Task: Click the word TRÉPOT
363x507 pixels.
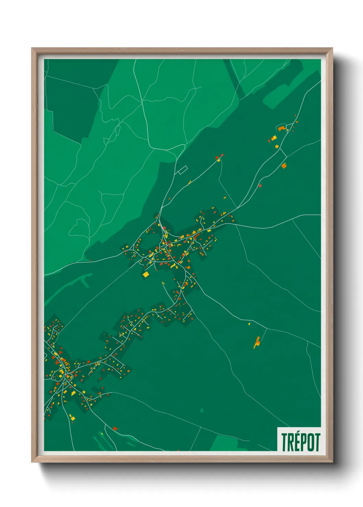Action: [301, 442]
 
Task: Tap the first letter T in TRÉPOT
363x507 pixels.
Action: [285, 442]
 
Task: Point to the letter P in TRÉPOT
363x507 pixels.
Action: [304, 442]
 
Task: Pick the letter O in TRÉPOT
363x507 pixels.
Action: [310, 442]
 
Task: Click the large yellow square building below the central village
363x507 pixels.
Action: [146, 274]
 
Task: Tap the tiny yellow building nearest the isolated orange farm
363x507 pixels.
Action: [249, 323]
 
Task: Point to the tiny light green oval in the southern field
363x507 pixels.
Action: [202, 410]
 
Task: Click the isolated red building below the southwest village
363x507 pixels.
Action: [115, 428]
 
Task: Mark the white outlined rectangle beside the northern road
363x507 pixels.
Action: [182, 170]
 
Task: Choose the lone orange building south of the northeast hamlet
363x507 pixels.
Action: [284, 166]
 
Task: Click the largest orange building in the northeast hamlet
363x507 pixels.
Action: [282, 128]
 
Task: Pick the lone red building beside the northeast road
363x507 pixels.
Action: [260, 186]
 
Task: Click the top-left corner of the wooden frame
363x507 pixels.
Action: [32, 48]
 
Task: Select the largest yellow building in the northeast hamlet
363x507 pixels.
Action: [274, 138]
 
